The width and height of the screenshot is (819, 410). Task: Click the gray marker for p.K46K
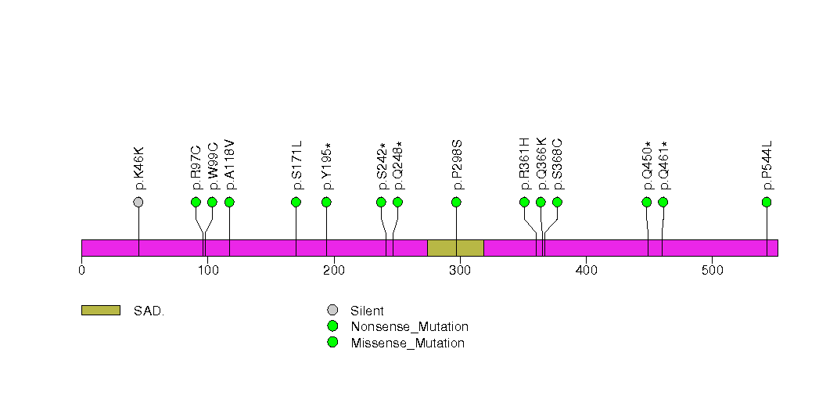click(138, 202)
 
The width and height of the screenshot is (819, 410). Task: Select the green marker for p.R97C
click(196, 202)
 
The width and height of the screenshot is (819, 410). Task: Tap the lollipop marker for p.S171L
click(296, 202)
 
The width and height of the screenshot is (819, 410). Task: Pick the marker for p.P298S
click(456, 202)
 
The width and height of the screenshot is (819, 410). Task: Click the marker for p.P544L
click(767, 202)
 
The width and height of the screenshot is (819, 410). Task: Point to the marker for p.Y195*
click(326, 202)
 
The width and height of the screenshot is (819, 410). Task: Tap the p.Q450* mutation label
click(647, 166)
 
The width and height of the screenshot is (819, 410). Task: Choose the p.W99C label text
click(213, 167)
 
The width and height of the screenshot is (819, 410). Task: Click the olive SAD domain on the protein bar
click(455, 247)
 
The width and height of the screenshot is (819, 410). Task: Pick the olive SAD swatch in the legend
click(100, 311)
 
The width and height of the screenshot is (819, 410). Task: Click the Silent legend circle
click(332, 311)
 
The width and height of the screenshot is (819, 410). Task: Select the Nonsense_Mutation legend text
click(409, 326)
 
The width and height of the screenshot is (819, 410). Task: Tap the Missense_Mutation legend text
click(408, 343)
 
